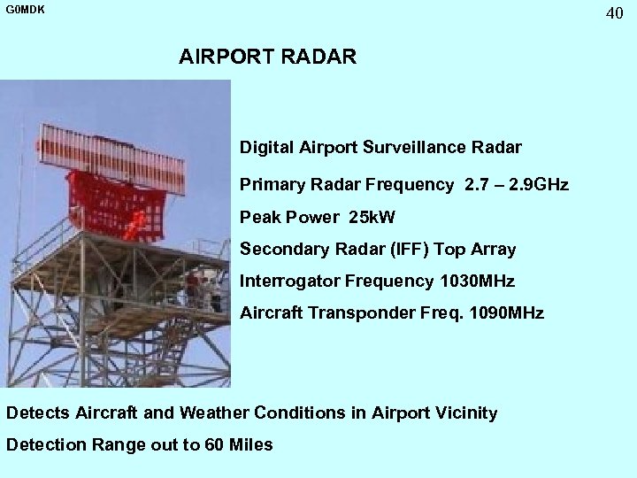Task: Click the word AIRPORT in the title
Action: (x=225, y=58)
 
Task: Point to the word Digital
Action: (x=264, y=145)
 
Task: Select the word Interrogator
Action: (x=286, y=281)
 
